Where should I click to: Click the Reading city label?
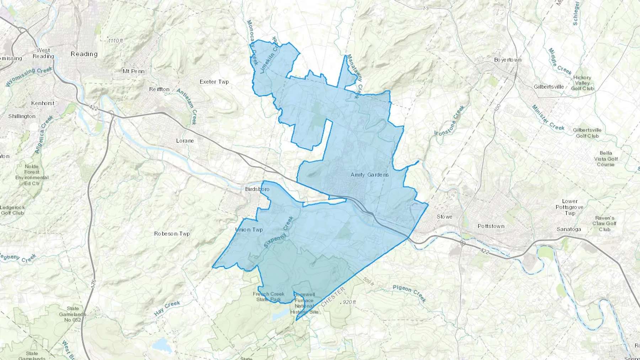coord(84,54)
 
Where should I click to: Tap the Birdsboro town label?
coord(257,189)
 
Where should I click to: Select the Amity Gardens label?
coord(369,175)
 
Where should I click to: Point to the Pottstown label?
coord(491,226)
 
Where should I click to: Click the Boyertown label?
coord(507,60)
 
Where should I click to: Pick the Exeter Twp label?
coord(214,82)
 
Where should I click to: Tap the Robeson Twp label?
coord(172,234)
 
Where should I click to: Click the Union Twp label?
coord(249,230)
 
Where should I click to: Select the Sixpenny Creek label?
coord(279,232)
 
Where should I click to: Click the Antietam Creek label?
coord(187,106)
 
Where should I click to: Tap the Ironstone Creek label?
coord(449,120)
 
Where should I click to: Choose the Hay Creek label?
coord(167,308)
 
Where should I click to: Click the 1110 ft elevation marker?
coord(116,41)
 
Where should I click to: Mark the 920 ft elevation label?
coord(348,302)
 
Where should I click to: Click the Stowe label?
coord(444,217)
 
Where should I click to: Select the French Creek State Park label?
coord(268,297)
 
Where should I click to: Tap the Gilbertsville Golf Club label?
coord(587,133)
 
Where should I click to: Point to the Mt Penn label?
coord(133,71)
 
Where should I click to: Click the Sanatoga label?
coord(569,229)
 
